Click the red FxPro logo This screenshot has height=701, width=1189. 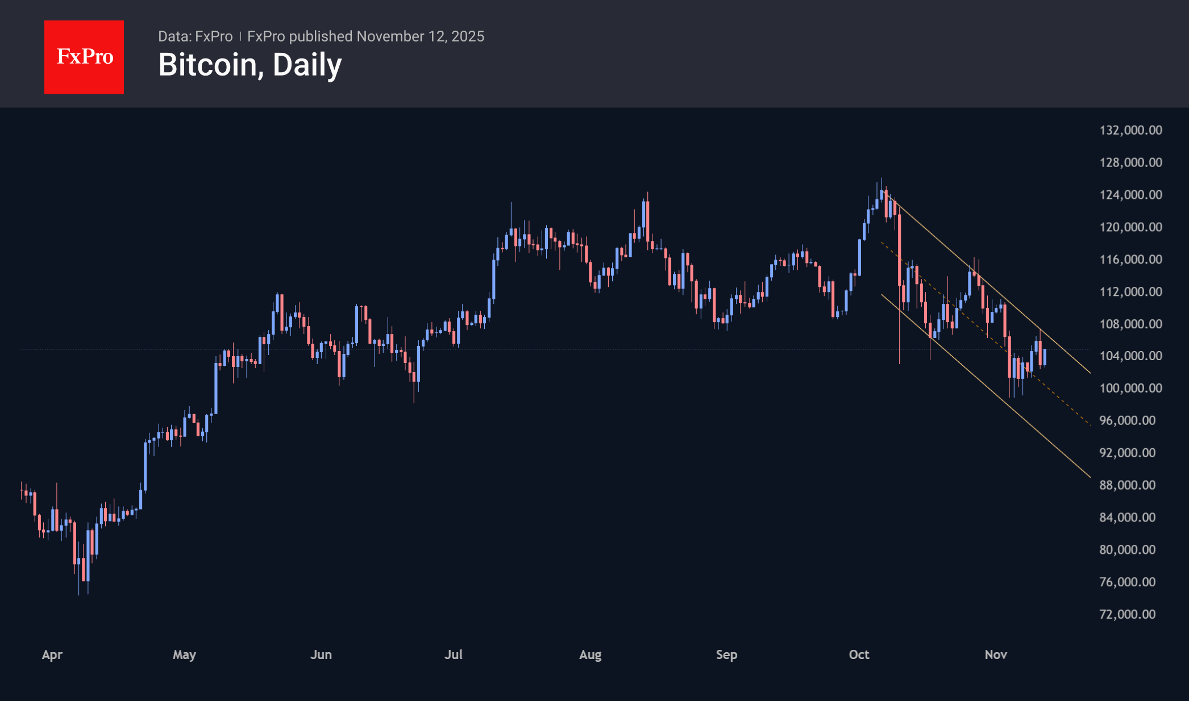(84, 57)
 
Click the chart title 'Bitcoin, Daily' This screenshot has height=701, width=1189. (250, 65)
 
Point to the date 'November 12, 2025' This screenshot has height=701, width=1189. (421, 36)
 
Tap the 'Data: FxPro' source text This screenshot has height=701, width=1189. (195, 36)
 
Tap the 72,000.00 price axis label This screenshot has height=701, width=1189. (1127, 614)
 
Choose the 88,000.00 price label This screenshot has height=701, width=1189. (1127, 485)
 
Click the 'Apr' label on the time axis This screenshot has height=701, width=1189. (52, 654)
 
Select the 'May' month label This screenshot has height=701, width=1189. (184, 654)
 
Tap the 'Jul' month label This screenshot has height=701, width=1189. (453, 654)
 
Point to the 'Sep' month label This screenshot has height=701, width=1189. (726, 654)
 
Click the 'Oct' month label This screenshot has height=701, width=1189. (859, 654)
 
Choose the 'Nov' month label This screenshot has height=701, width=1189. (996, 654)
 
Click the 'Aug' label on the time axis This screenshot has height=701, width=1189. (590, 654)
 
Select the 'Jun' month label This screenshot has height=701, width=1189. (321, 654)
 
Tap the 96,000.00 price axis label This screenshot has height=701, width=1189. (1127, 420)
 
